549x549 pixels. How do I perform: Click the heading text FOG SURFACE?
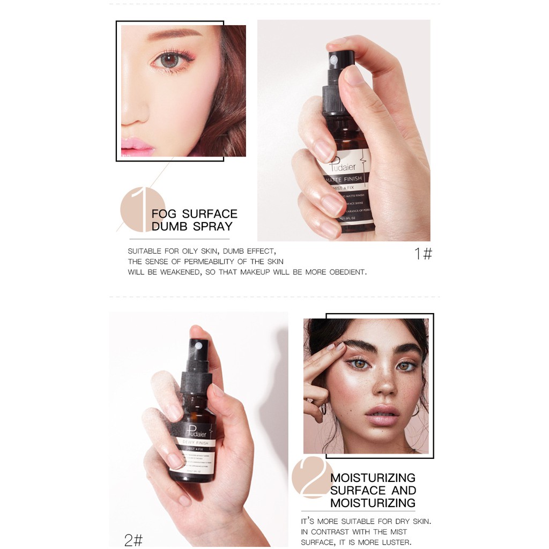(194, 214)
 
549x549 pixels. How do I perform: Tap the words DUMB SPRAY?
(192, 226)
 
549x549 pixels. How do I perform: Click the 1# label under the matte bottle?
(423, 254)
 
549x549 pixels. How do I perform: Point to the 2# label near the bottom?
(133, 539)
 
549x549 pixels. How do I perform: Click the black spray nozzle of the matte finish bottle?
(342, 59)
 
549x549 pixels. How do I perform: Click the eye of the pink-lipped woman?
(169, 60)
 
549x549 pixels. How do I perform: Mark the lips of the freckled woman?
(382, 414)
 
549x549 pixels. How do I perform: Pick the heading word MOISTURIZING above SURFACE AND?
(373, 478)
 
